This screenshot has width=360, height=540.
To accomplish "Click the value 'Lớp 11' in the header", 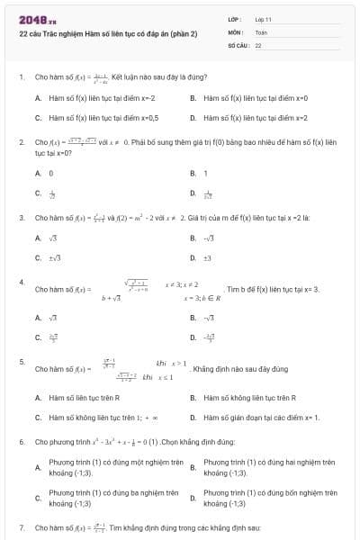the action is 263,18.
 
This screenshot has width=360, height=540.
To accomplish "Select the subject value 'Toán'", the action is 261,31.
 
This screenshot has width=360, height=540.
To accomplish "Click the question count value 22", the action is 258,43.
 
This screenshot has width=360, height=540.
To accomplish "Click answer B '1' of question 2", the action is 205,173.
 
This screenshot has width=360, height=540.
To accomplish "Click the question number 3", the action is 22,218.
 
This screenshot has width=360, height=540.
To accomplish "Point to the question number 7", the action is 22,526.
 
